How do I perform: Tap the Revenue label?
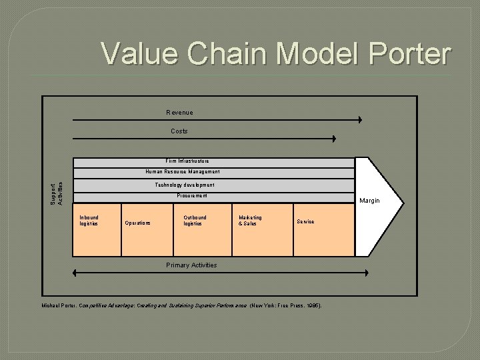[179, 112]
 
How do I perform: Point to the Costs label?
[179, 131]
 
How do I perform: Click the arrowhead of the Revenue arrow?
[359, 120]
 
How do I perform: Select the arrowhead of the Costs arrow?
[335, 139]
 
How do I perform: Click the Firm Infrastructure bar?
[187, 161]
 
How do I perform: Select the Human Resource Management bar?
[183, 172]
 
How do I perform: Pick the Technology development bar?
[185, 185]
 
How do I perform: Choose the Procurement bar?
[192, 196]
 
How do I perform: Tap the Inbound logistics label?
[89, 221]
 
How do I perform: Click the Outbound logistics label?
[195, 221]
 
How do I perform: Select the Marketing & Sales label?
[250, 221]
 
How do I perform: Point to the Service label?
[305, 221]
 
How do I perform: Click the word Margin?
[369, 201]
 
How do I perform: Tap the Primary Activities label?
[191, 265]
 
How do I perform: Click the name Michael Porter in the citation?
[59, 305]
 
